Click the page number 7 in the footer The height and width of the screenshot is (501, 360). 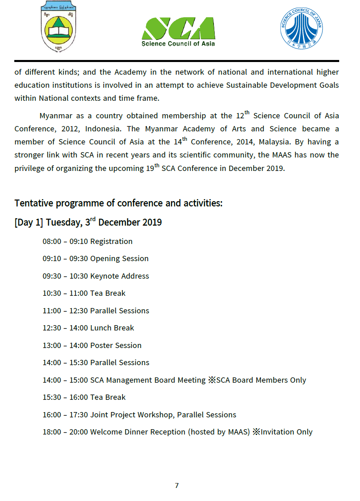(x=177, y=485)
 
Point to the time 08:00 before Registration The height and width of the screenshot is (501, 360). (x=52, y=242)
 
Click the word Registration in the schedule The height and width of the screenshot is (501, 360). (x=111, y=242)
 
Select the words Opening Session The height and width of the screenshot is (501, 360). (x=119, y=259)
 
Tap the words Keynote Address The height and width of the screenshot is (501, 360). (x=120, y=276)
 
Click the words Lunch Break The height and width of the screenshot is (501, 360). (x=112, y=328)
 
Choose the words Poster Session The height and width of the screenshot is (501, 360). (x=116, y=346)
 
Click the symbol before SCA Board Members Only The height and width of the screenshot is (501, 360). (x=211, y=380)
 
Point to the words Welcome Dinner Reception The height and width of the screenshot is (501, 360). (x=138, y=432)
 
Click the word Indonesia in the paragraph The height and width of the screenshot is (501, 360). (x=104, y=129)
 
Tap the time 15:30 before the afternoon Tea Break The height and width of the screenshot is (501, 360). (x=52, y=397)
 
